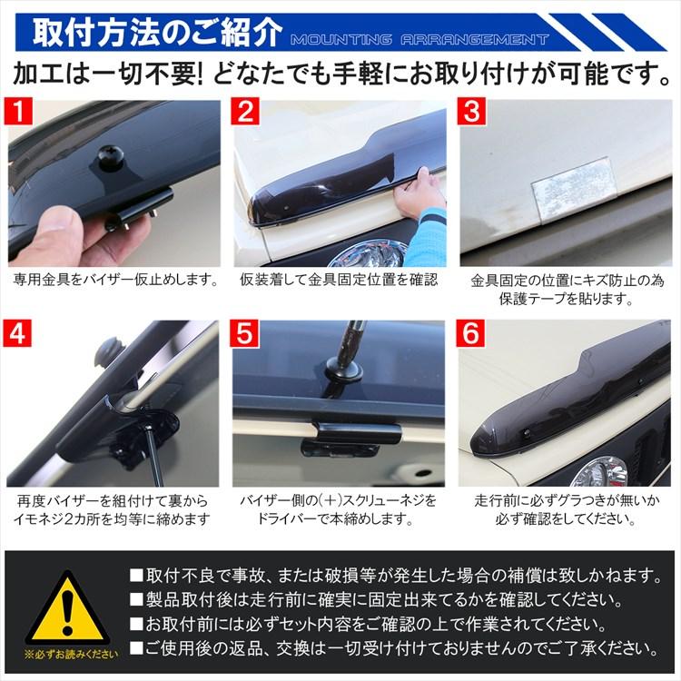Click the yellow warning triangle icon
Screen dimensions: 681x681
pos(66,607)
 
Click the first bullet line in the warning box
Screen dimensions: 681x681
pos(394,575)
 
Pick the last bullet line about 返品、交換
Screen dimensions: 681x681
pos(394,648)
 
